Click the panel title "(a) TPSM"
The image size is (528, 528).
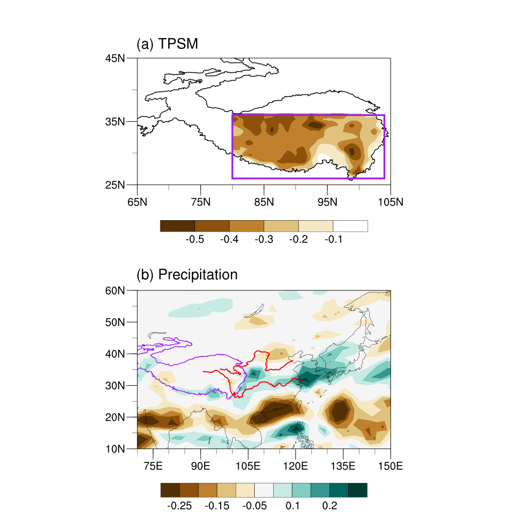pos(167,44)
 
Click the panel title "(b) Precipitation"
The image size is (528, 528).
pos(187,274)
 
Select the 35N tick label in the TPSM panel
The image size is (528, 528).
pos(114,121)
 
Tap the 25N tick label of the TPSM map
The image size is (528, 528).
pos(114,185)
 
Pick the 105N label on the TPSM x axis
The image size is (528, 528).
pos(390,202)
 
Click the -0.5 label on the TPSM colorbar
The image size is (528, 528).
pos(194,240)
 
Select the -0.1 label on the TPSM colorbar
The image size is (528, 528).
pos(333,240)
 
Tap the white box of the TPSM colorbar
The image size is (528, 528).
pos(350,226)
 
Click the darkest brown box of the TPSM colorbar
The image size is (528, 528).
pos(177,226)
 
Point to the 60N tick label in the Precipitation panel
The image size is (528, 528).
pos(114,290)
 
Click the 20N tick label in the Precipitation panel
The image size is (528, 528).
pos(114,417)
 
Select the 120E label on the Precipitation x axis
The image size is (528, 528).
pos(295,466)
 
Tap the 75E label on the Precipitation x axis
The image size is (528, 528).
pos(153,466)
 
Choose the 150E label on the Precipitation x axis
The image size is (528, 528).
pos(390,466)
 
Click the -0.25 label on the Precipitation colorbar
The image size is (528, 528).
pos(179,505)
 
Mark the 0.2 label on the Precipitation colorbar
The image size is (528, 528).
pos(329,505)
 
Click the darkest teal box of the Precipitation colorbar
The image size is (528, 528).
pos(357,490)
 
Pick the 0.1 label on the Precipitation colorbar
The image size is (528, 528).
pos(292,505)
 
